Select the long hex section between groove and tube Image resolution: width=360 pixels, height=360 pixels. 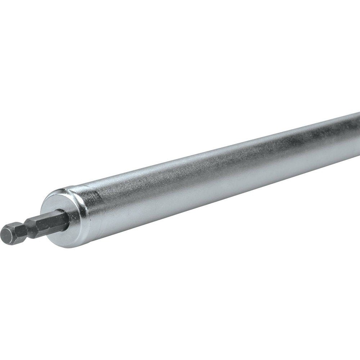click(47, 224)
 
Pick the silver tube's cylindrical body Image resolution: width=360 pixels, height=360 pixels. click(216, 180)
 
